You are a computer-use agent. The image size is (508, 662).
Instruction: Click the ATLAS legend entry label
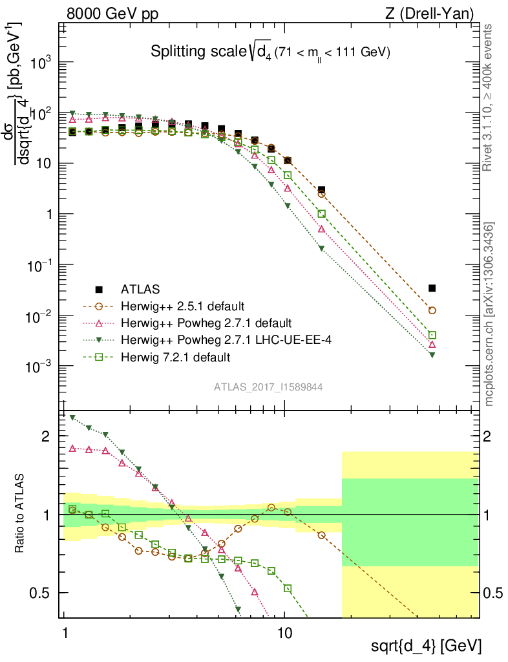tap(140, 288)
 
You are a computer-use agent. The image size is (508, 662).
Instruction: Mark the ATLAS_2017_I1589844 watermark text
tap(268, 387)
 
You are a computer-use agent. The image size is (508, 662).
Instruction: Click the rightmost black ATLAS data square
tap(432, 288)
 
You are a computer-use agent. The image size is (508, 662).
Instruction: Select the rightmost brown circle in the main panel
tap(432, 310)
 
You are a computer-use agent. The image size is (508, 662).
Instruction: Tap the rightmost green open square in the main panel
tap(432, 335)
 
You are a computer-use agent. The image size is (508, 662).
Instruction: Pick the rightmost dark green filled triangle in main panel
tap(432, 355)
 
